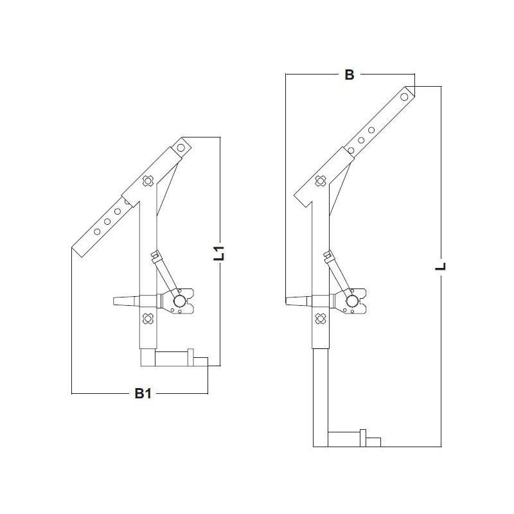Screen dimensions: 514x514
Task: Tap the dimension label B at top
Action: coord(349,75)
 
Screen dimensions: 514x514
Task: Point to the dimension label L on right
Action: coord(441,264)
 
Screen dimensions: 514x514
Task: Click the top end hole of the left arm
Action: coord(181,147)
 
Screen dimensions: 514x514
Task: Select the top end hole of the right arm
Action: coord(404,96)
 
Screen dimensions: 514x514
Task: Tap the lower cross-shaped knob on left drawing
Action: coord(148,318)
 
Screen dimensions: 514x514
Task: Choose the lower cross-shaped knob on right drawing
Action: coord(319,318)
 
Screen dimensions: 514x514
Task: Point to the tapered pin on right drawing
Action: coord(296,301)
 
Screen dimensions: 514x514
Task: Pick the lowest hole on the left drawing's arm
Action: coord(96,231)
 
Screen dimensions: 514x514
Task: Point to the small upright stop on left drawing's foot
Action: coord(191,357)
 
